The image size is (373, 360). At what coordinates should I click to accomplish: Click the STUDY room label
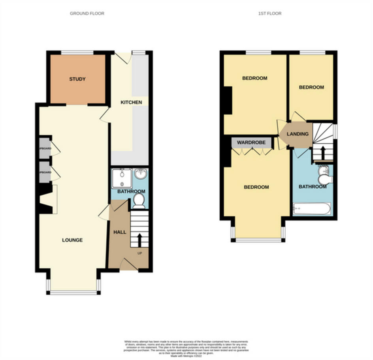(77, 79)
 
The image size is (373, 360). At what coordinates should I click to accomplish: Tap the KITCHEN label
(131, 102)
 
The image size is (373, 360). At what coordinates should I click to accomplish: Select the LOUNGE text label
(72, 240)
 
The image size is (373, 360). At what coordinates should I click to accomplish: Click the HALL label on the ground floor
(120, 232)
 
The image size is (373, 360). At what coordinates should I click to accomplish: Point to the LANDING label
(298, 134)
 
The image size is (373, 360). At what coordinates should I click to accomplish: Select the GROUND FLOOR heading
(87, 13)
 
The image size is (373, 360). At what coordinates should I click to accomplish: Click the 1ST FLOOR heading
(270, 13)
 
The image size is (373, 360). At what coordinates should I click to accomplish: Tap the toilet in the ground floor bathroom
(138, 202)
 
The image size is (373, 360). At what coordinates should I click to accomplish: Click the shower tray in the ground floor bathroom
(122, 178)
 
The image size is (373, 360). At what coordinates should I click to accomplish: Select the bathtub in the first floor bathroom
(312, 208)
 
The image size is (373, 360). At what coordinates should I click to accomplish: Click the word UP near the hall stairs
(139, 253)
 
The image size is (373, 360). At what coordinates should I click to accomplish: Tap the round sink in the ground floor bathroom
(141, 174)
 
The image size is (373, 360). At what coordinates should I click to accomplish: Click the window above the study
(77, 52)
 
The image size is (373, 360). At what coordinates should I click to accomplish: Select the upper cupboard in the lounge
(45, 148)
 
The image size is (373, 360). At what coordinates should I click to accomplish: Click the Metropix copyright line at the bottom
(186, 356)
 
